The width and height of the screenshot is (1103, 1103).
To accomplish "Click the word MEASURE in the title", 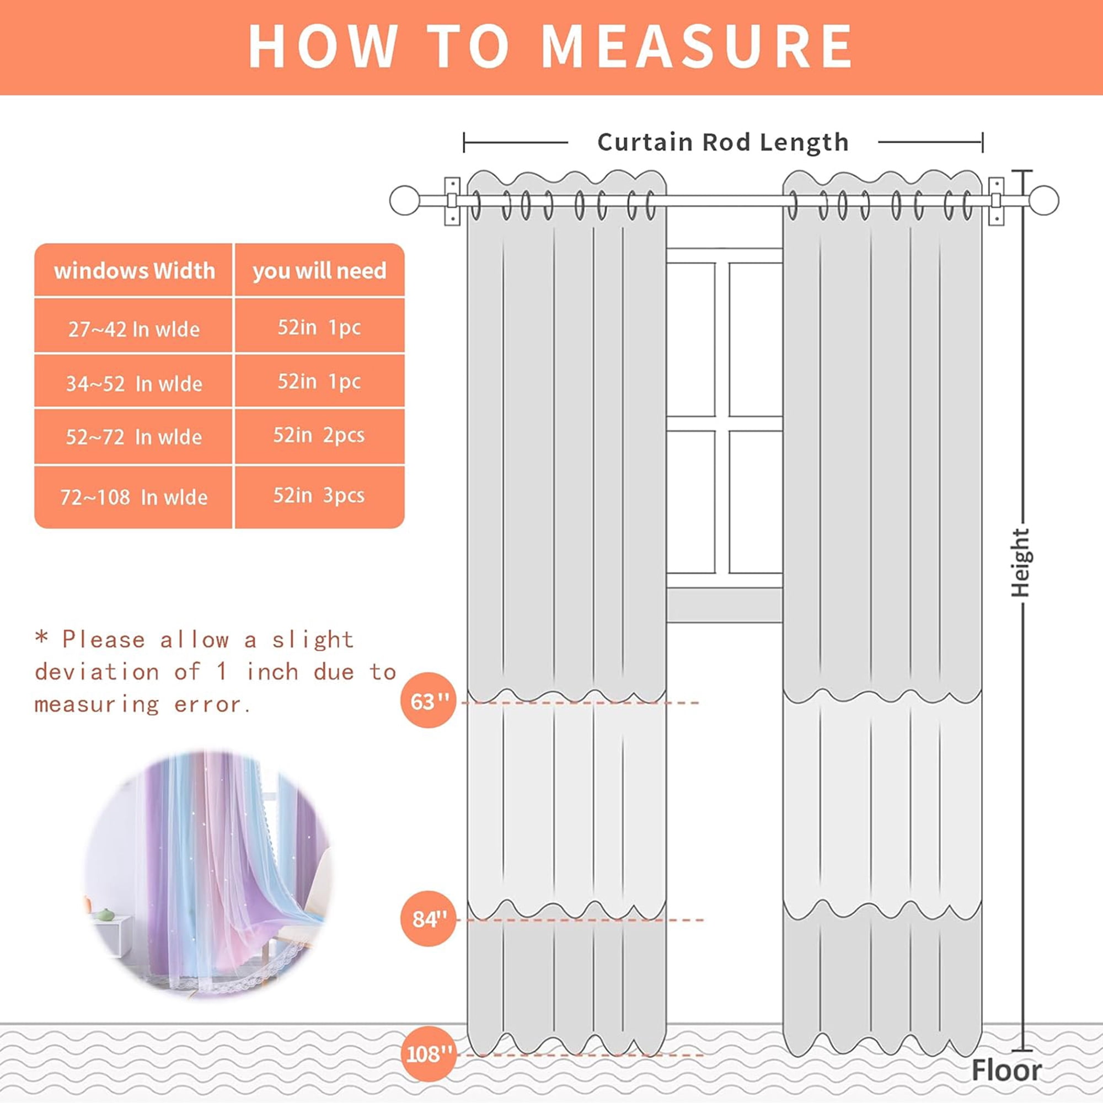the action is [696, 46].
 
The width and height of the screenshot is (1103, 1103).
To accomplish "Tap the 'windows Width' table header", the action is [134, 270].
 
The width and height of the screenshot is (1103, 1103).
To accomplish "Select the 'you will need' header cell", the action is [319, 271].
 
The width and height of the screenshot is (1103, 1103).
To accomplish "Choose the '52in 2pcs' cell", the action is [319, 436].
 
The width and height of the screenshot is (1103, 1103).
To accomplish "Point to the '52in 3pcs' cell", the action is [319, 496].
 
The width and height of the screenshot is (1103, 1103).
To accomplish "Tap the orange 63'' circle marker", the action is [429, 700].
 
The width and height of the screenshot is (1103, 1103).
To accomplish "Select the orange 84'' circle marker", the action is [429, 919].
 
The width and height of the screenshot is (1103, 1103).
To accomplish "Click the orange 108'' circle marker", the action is [429, 1054].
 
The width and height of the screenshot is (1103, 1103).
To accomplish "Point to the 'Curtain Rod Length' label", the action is [723, 142].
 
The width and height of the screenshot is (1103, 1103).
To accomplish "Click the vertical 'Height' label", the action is [1020, 563].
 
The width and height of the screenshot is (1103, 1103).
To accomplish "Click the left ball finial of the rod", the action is [405, 200].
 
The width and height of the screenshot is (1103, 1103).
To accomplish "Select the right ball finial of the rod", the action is [1043, 200].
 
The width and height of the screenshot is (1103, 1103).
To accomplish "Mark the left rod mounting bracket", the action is [452, 201].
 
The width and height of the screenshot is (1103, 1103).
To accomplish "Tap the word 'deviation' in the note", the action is [97, 672].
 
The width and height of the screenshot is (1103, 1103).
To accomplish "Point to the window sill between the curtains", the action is [724, 605].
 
